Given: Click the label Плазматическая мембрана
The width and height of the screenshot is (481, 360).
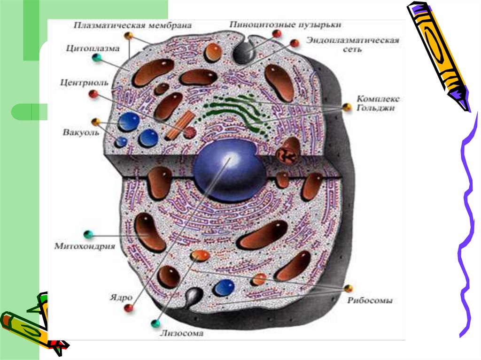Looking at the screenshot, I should click(x=132, y=25).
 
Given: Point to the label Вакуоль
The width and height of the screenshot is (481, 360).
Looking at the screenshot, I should click(x=81, y=132).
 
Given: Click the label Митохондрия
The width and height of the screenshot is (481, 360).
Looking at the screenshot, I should click(x=85, y=245).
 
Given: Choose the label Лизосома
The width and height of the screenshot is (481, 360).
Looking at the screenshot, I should click(x=181, y=334).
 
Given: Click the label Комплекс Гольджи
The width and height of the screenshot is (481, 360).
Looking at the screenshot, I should click(x=378, y=103).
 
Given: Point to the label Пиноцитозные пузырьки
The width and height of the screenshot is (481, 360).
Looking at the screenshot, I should click(x=286, y=24).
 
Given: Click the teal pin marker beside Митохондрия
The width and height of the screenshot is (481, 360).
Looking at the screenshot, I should click(x=86, y=234).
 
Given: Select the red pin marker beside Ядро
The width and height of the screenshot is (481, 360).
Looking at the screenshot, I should click(x=128, y=308).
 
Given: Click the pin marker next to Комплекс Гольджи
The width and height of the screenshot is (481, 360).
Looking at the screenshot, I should click(x=347, y=107).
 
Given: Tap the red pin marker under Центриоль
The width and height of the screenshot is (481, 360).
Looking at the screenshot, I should click(x=93, y=94).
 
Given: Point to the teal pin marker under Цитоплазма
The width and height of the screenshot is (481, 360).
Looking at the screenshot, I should click(x=97, y=58).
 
